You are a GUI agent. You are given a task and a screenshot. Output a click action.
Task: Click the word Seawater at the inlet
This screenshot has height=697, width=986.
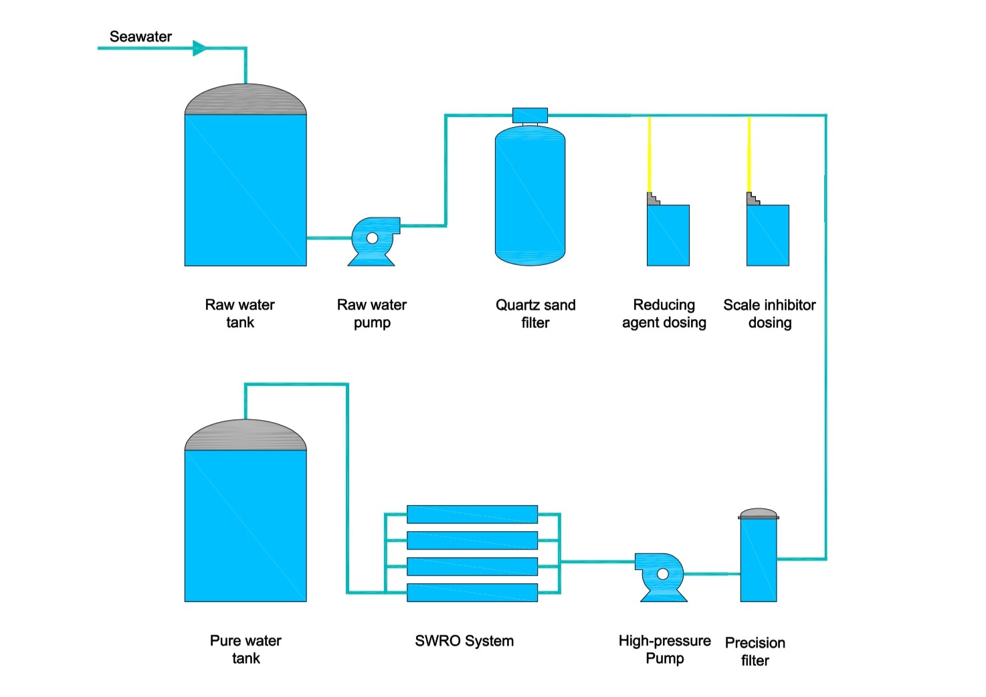pos(140,37)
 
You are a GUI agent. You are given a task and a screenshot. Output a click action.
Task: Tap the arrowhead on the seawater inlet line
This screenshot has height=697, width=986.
pos(199,48)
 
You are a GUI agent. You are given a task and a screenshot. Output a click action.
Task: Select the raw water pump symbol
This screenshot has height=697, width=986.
pos(373,240)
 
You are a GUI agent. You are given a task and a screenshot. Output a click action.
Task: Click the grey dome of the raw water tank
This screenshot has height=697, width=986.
pos(245,100)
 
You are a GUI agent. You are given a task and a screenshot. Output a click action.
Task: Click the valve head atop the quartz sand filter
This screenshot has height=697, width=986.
pos(530,116)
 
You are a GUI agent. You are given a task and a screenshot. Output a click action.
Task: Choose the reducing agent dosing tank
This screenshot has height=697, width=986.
pos(668,235)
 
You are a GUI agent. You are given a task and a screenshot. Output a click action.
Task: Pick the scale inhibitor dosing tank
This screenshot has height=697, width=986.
pos(768,235)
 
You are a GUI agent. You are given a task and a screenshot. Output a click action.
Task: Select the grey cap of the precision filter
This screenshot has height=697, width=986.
pos(759,513)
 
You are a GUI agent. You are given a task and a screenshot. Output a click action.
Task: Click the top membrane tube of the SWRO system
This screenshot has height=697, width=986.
pos(472,514)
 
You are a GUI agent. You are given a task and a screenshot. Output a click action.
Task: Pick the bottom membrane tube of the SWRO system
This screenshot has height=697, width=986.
pos(472,593)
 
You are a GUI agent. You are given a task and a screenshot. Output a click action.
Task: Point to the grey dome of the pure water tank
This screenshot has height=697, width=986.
pos(245,436)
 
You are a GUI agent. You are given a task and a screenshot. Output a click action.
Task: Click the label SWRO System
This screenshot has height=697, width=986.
pos(464,641)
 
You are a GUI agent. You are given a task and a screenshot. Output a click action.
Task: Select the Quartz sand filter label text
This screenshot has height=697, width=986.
pos(535,314)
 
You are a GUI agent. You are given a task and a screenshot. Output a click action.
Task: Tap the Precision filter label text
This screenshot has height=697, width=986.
pos(755,652)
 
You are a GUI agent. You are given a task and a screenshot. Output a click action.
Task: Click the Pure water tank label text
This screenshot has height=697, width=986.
pos(245,650)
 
